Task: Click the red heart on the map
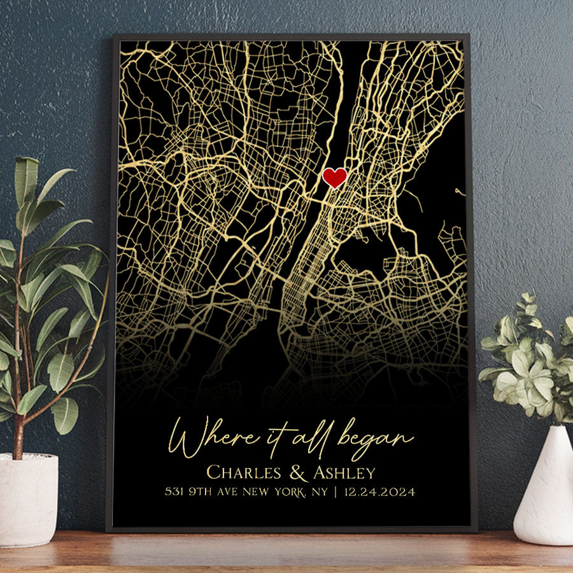[334, 178]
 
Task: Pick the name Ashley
[344, 473]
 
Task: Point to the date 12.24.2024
[380, 492]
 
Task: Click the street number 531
[174, 492]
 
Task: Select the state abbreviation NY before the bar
[318, 492]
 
